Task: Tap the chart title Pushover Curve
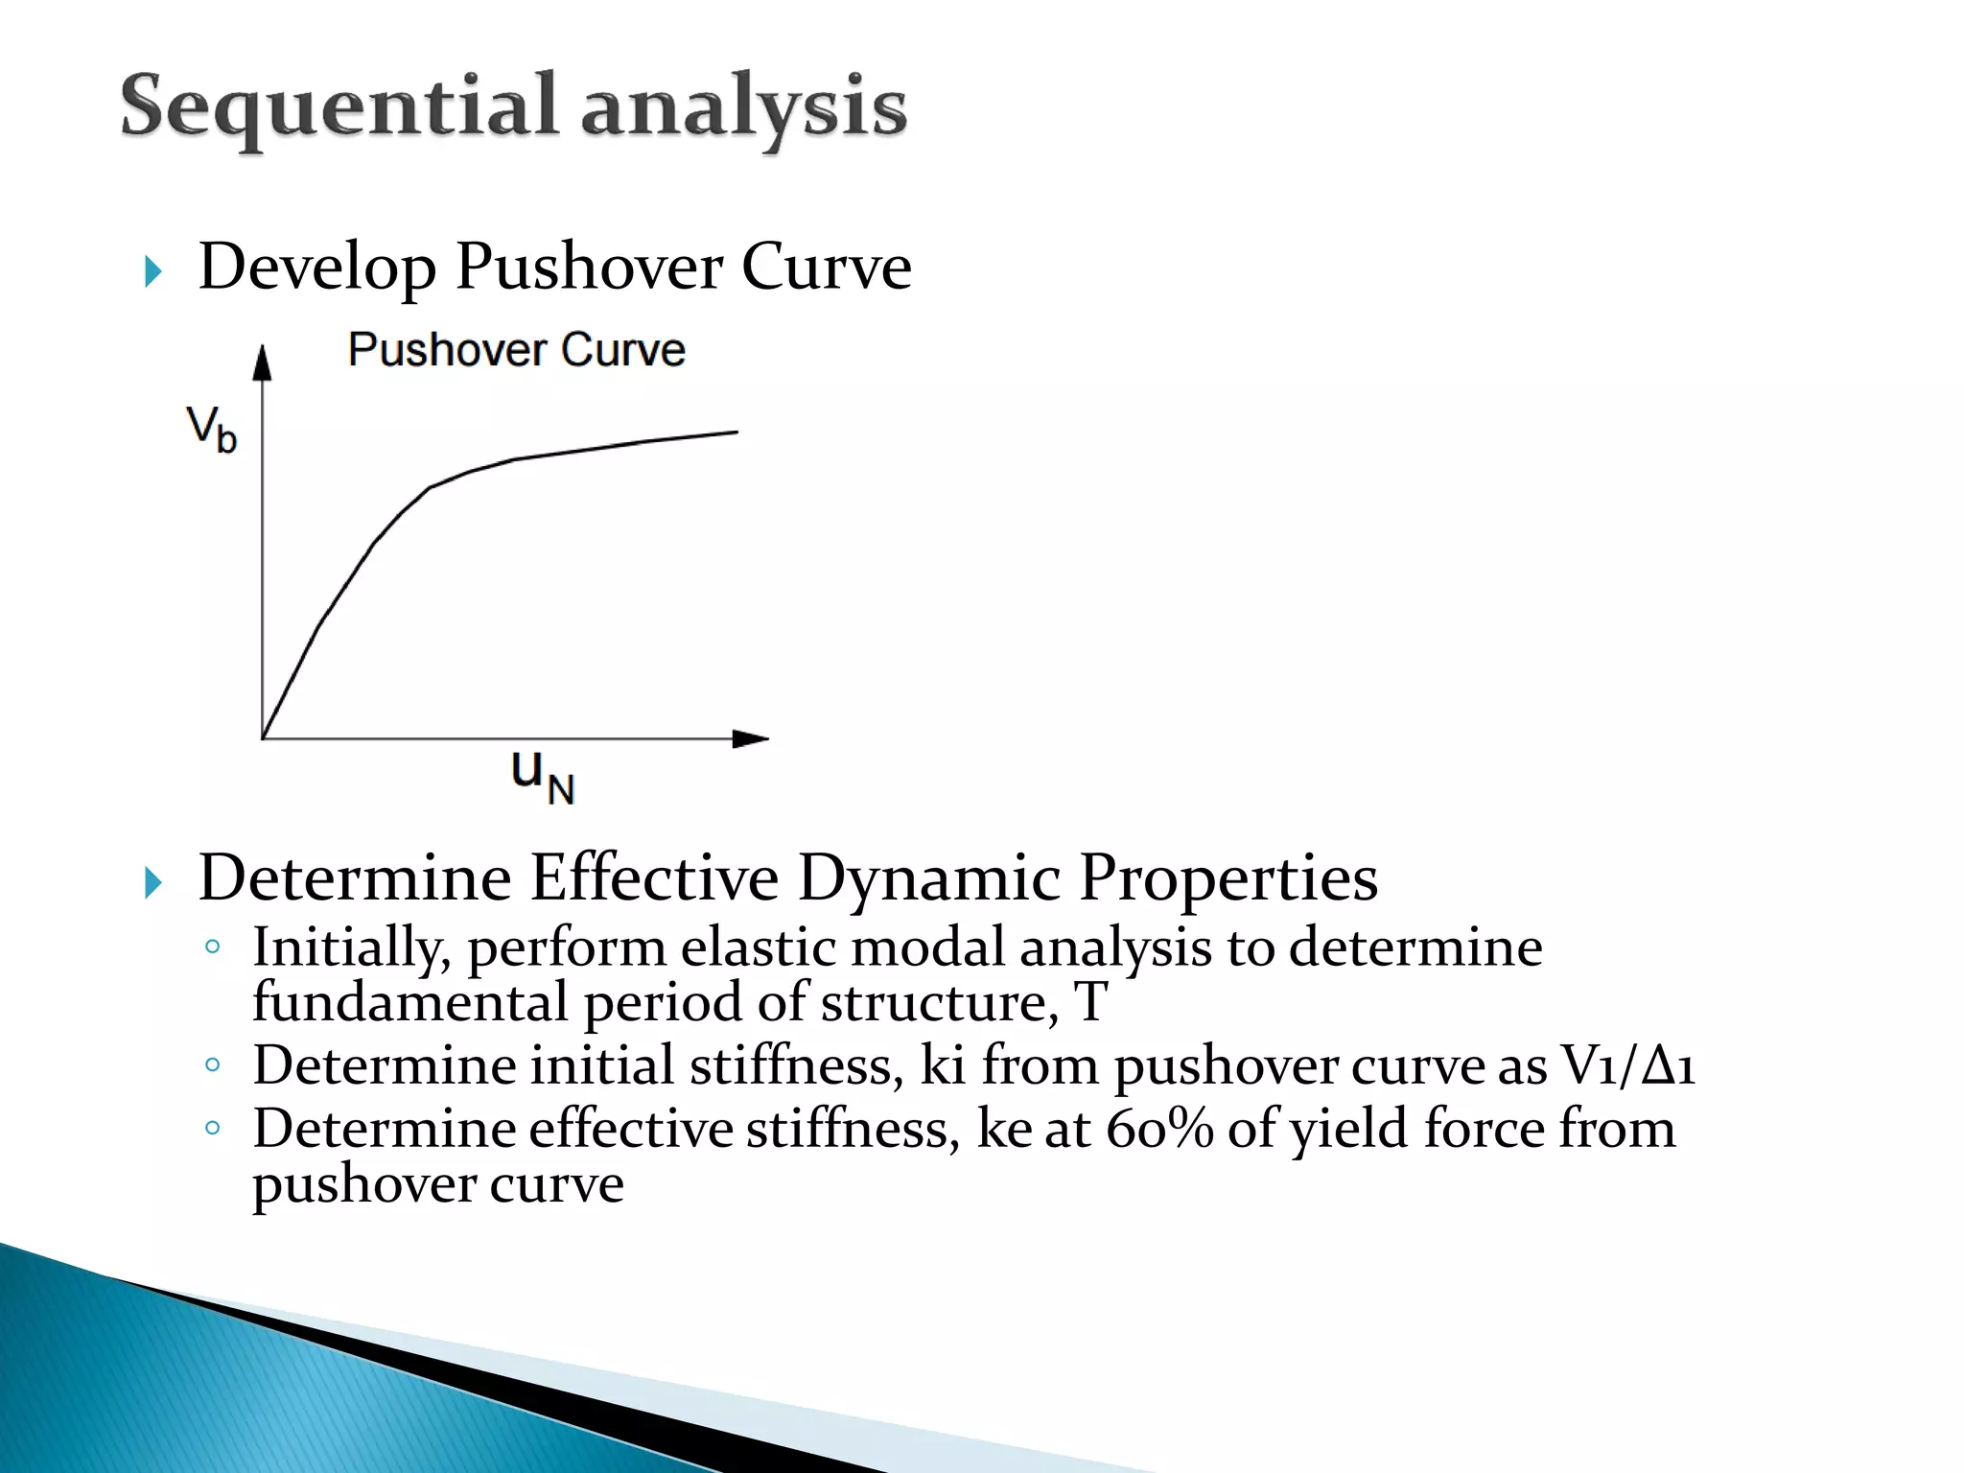516,350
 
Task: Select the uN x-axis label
542,775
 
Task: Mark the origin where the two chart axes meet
263,738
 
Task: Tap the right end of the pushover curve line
736,433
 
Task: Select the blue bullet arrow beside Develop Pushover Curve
153,271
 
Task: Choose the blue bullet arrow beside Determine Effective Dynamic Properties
153,882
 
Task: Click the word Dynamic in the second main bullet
929,877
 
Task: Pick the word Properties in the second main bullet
1228,877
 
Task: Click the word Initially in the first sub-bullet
351,947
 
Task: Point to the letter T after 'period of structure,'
1091,1002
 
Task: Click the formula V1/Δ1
1628,1065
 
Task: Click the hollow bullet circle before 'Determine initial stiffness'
213,1064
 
